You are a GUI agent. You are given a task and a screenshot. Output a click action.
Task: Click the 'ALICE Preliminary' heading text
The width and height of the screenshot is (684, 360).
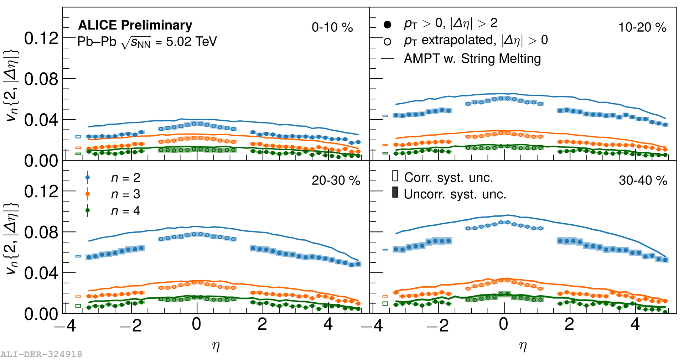click(135, 25)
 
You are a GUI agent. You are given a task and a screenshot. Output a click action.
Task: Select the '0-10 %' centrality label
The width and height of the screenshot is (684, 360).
click(332, 27)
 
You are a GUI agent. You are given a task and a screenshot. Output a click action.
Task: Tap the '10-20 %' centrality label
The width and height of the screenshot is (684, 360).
click(642, 27)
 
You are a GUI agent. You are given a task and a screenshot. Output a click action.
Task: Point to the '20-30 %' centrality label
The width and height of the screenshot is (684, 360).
click(336, 181)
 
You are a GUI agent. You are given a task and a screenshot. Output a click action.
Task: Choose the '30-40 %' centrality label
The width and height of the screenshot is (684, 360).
click(643, 181)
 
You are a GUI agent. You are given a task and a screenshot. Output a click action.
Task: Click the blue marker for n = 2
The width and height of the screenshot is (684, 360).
click(88, 177)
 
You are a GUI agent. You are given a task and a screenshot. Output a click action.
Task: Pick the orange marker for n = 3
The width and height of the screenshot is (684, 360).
click(88, 194)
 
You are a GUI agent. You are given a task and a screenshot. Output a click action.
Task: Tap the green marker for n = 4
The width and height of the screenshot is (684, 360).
click(88, 210)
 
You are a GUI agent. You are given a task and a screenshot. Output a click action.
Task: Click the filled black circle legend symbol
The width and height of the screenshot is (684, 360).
click(387, 25)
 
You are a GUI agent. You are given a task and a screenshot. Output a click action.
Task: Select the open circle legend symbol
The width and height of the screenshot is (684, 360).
click(387, 42)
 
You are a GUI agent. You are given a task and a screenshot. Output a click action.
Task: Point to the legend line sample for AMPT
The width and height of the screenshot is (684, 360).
click(387, 58)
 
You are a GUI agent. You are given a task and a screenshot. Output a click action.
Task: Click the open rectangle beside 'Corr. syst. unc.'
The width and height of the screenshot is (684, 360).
click(395, 176)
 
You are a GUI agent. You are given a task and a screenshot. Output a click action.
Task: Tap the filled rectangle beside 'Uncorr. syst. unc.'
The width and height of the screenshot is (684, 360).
click(395, 192)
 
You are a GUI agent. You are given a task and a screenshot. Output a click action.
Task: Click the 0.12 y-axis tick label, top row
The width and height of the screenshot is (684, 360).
click(41, 38)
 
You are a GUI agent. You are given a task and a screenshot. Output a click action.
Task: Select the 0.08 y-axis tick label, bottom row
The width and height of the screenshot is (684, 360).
click(41, 232)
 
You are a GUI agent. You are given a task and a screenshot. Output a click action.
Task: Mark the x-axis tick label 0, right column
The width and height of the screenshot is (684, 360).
click(503, 324)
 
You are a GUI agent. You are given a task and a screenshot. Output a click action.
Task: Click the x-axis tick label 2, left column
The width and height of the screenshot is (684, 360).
click(262, 324)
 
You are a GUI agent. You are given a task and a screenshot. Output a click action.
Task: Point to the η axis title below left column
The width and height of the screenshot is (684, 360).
click(216, 346)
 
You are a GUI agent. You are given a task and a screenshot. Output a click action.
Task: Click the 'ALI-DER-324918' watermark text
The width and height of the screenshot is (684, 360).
click(41, 354)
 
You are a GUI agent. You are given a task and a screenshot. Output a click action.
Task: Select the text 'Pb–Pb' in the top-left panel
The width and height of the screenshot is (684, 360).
click(97, 42)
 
